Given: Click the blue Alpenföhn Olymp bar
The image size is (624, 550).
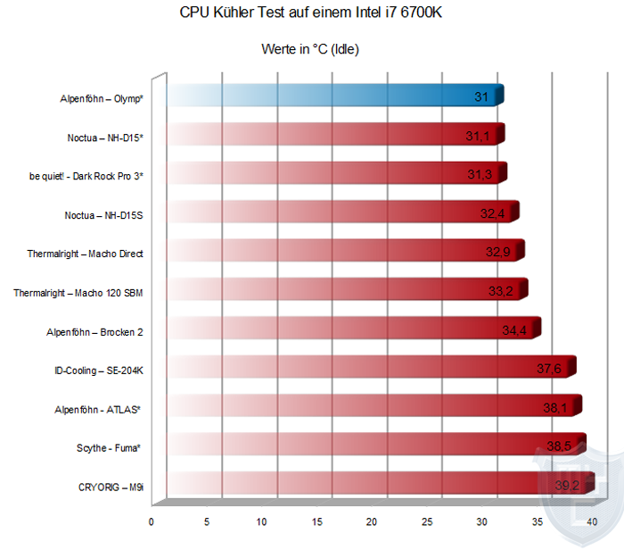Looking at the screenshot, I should pos(334,96).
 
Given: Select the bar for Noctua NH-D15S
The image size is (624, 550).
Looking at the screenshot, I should pos(339,212).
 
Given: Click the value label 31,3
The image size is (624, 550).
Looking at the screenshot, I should pos(480,174).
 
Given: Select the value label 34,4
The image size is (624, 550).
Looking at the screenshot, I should pos(515,330).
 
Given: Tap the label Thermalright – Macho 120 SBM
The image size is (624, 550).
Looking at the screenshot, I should pos(78,292).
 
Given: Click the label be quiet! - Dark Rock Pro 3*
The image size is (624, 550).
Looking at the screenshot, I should pos(86,176).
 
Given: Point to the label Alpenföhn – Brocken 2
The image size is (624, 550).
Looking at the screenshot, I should pos(94,332).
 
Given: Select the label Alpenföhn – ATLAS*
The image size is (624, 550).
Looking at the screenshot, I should pos(99,409).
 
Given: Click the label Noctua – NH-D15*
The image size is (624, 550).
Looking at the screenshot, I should pos(103,137).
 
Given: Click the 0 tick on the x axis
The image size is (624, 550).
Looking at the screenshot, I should pos(152,521).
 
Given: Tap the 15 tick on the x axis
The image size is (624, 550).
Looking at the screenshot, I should pos(316,521).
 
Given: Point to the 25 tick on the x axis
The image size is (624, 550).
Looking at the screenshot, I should pos(427,521).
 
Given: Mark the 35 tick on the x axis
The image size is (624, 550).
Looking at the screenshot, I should pos(538,521).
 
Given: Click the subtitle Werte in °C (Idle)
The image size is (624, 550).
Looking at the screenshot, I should pos(310,49).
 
